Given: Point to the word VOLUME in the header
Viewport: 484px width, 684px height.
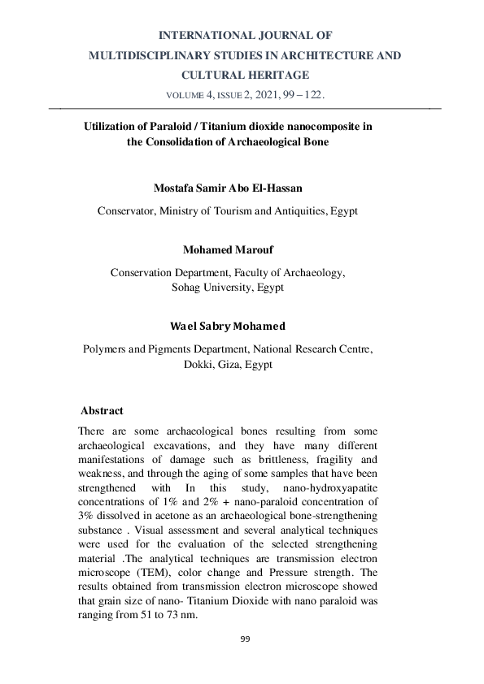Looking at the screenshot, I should pos(189,95).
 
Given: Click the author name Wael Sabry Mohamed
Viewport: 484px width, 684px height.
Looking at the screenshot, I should pos(228,326).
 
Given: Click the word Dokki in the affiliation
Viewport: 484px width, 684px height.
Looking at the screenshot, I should pos(203,365).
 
